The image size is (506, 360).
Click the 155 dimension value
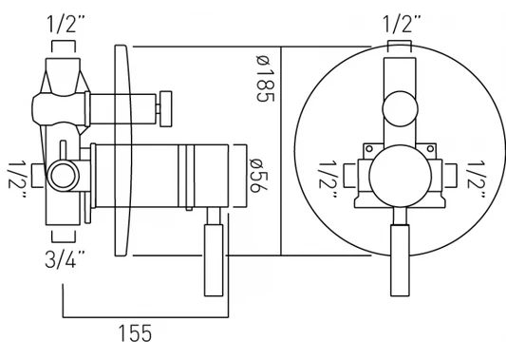(135, 333)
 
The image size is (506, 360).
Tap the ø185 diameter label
(265, 79)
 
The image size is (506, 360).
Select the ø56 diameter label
(258, 176)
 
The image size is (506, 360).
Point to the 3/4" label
(65, 259)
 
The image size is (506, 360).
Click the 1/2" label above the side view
(66, 24)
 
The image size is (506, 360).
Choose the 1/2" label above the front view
(402, 24)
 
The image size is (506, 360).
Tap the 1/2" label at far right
(477, 180)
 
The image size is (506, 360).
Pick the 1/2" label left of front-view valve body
(328, 180)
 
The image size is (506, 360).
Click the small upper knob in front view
(401, 109)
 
